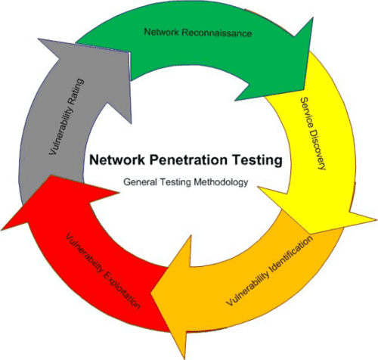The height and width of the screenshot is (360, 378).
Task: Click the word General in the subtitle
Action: point(140,182)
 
